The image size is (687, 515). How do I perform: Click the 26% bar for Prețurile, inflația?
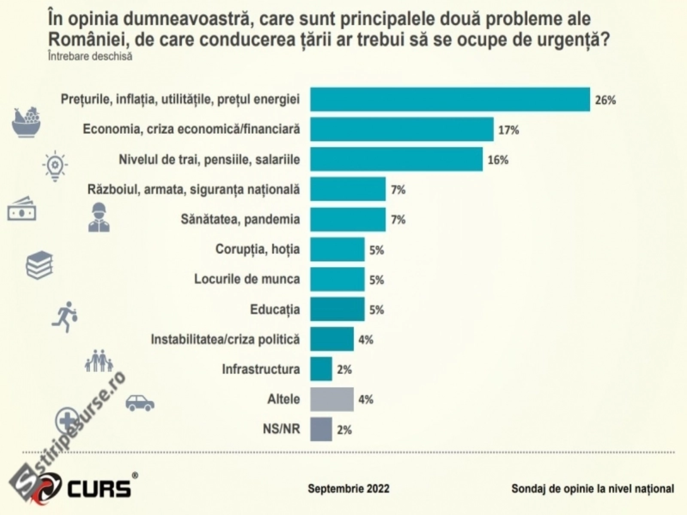click(x=450, y=100)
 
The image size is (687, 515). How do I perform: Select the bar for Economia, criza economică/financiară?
click(x=402, y=129)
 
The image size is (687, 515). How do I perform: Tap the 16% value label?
click(x=498, y=160)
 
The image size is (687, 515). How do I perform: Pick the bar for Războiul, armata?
click(x=348, y=189)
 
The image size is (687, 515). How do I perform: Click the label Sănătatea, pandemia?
click(x=240, y=219)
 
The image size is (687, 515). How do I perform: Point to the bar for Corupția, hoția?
click(x=337, y=249)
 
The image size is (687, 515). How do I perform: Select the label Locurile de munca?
click(x=247, y=279)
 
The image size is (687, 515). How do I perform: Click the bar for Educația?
click(x=337, y=309)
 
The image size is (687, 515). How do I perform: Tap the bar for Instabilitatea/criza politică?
click(x=332, y=339)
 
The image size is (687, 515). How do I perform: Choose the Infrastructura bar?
click(x=321, y=369)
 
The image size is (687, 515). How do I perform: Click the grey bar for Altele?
click(x=332, y=399)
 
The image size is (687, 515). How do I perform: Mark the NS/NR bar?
click(x=321, y=429)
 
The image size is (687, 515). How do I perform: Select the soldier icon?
click(x=99, y=218)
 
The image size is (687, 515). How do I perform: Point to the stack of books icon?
click(x=40, y=265)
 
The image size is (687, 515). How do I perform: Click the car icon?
click(x=140, y=403)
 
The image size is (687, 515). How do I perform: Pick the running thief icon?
click(x=65, y=316)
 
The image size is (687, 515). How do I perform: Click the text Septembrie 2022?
click(x=348, y=488)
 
